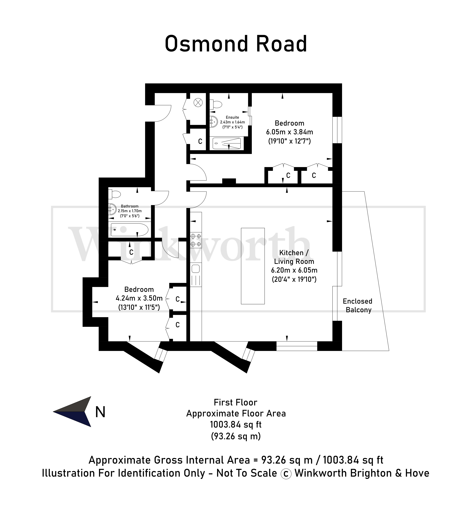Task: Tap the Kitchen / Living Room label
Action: coord(294,257)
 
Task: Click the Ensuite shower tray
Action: coord(227,143)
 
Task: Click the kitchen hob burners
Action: coord(196,240)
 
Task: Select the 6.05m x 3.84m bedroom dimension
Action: coord(290,132)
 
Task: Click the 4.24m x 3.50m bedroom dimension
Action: coord(139,298)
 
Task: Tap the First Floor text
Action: coord(235,402)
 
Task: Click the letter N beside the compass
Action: coord(100,412)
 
